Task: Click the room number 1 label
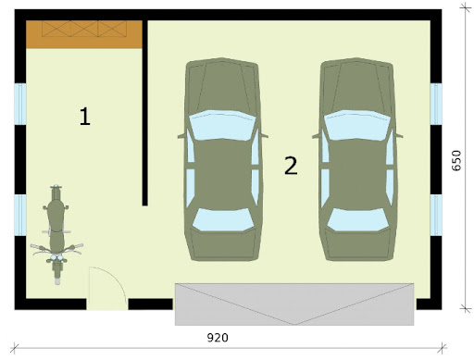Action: pyautogui.click(x=85, y=117)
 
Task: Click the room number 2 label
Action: pyautogui.click(x=291, y=166)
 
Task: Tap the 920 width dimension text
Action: pyautogui.click(x=218, y=338)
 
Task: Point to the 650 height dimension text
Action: pyautogui.click(x=456, y=160)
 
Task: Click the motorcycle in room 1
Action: pyautogui.click(x=56, y=234)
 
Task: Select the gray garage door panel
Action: pyautogui.click(x=294, y=304)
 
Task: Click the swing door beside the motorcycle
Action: pyautogui.click(x=107, y=289)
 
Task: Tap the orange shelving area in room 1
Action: pyautogui.click(x=84, y=34)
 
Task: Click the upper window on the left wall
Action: pyautogui.click(x=20, y=104)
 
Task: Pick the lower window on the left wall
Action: pyautogui.click(x=20, y=216)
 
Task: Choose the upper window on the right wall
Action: pyautogui.click(x=436, y=104)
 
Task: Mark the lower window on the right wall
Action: pyautogui.click(x=436, y=216)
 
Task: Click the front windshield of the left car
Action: pyautogui.click(x=222, y=125)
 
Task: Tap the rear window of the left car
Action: pyautogui.click(x=223, y=219)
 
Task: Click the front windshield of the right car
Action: pyautogui.click(x=357, y=125)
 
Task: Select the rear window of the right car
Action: pyautogui.click(x=358, y=219)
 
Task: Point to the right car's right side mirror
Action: pyautogui.click(x=399, y=135)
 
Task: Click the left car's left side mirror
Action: pyautogui.click(x=181, y=136)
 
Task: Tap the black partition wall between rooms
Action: pyautogui.click(x=144, y=113)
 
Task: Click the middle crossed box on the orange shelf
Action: pyautogui.click(x=84, y=29)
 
